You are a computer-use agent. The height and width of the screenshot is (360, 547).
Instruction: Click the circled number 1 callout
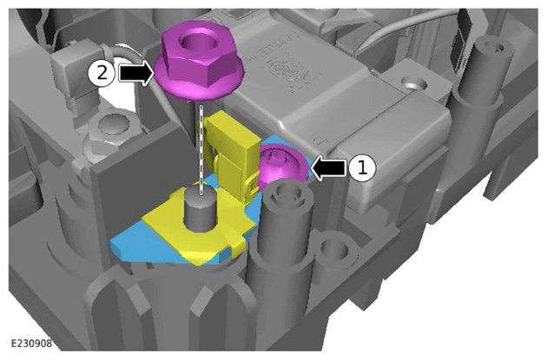pyautogui.click(x=362, y=168)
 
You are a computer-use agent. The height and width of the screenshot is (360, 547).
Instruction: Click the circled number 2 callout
pyautogui.click(x=102, y=74)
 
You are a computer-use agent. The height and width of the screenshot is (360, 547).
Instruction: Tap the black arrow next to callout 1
pyautogui.click(x=328, y=168)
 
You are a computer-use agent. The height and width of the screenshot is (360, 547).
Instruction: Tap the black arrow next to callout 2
pyautogui.click(x=135, y=73)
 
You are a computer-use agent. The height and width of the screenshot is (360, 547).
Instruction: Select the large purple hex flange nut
pyautogui.click(x=199, y=61)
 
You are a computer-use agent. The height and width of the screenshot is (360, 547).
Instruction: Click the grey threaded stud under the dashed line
pyautogui.click(x=200, y=208)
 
